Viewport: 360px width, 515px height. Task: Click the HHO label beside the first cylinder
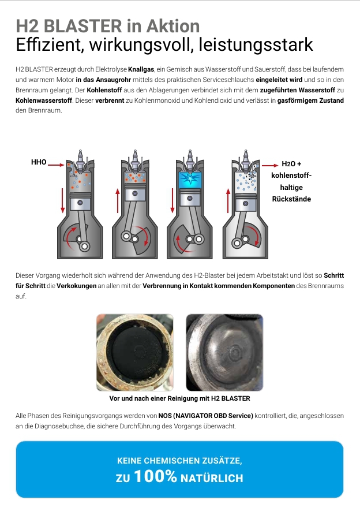pyautogui.click(x=39, y=163)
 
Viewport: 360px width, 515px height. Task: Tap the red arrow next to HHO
pyautogui.click(x=57, y=165)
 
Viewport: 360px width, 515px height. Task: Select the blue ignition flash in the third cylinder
pyautogui.click(x=189, y=177)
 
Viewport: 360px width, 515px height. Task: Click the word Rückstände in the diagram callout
pyautogui.click(x=291, y=199)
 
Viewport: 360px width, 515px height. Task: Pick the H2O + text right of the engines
pyautogui.click(x=291, y=164)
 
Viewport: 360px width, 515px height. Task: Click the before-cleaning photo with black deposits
pyautogui.click(x=134, y=352)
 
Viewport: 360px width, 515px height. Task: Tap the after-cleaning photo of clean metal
pyautogui.click(x=224, y=352)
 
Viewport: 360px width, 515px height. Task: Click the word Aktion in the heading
pyautogui.click(x=172, y=26)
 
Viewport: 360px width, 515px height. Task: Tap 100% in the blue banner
pyautogui.click(x=156, y=477)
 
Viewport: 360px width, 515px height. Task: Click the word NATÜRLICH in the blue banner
pyautogui.click(x=212, y=478)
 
